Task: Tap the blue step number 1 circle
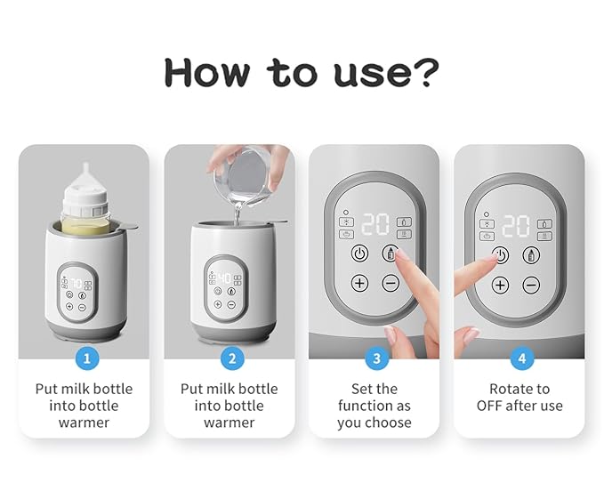pos(85,358)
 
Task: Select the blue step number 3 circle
pos(374,358)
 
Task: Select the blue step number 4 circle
pos(519,358)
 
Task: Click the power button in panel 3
pos(359,253)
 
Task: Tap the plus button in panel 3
pos(359,284)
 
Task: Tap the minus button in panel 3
pos(391,284)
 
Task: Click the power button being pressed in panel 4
pos(501,254)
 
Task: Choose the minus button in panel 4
pos(531,285)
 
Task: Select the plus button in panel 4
pos(500,285)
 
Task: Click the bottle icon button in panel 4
pos(531,254)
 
